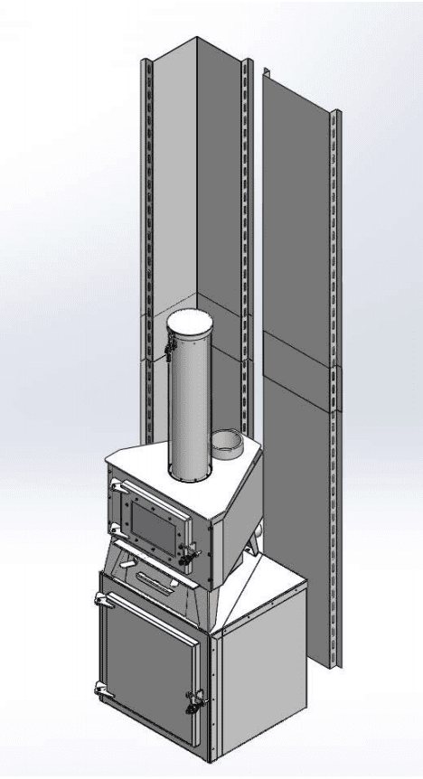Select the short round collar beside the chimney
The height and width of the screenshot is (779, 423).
point(226,443)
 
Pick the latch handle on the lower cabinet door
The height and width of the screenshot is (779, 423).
point(194,700)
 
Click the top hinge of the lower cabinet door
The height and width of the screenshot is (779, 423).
point(99,597)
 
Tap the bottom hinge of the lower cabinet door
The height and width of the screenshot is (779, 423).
point(99,691)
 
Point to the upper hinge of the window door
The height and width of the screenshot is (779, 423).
point(115,489)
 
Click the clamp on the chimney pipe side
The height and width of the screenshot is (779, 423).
point(169,351)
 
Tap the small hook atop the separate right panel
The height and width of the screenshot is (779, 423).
point(265,70)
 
